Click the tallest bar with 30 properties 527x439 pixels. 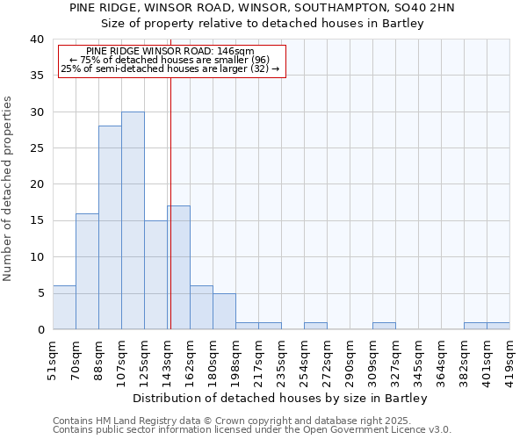(x=133, y=220)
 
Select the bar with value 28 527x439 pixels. (x=110, y=227)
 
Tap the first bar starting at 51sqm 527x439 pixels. (x=64, y=307)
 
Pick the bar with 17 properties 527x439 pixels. (x=179, y=268)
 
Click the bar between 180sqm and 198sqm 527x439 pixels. (x=224, y=311)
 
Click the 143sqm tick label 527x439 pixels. (x=168, y=360)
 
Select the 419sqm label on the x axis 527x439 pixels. (x=510, y=360)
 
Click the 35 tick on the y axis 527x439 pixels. (x=37, y=76)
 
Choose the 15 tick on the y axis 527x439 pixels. (x=37, y=220)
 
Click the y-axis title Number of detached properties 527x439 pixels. (x=10, y=202)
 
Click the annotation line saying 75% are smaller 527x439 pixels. (x=170, y=60)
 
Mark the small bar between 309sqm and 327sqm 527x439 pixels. (x=384, y=326)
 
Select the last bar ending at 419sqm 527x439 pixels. (x=498, y=326)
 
